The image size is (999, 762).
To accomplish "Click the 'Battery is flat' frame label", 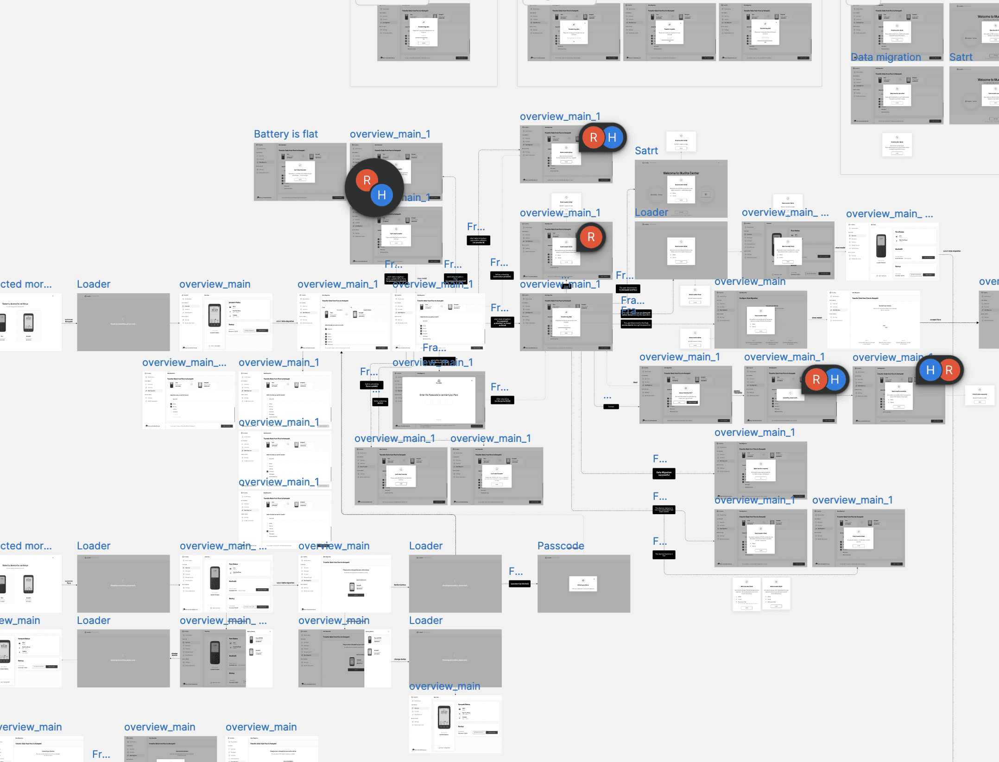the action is pos(285,134).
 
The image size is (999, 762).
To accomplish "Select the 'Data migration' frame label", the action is pos(885,57).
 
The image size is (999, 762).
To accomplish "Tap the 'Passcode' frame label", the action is pos(560,546).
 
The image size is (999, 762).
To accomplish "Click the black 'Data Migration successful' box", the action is pos(664,473).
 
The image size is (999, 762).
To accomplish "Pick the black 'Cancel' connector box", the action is pos(611,407).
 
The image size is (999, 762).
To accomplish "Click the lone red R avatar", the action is pos(591,237).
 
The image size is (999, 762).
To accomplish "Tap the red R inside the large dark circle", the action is pos(367,180).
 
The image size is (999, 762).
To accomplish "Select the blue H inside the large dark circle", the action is pos(381,195).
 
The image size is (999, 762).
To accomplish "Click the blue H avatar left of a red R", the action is pos(930,370).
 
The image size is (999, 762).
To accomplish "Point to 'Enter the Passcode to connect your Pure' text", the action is pos(438,395).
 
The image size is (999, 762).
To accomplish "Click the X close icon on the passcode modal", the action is pos(472,380).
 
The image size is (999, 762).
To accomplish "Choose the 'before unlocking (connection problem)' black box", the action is pos(502,276).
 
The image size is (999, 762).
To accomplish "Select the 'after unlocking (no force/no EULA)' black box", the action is pos(502,400).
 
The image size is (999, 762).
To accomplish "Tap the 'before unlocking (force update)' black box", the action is pos(371,384).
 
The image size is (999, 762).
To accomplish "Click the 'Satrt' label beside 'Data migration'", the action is pos(961,57).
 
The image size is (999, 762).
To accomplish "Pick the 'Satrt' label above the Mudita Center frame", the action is pos(646,151).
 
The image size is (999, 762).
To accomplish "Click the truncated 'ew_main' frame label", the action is pos(20,621).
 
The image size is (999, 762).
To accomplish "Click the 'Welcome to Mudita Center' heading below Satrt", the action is pos(681,173).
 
